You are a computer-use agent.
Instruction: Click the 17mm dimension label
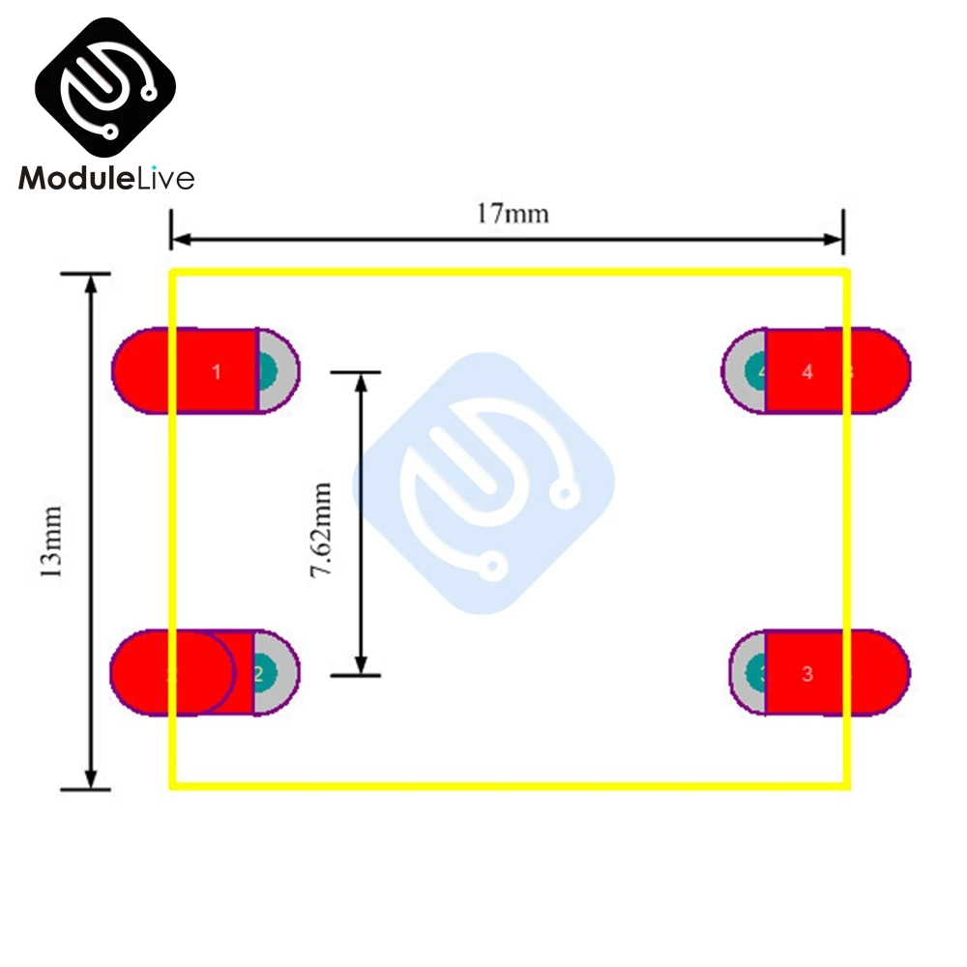(512, 212)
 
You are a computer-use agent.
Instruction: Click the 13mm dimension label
(50, 541)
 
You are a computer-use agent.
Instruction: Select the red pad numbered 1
(193, 371)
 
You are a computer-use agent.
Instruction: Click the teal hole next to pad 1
(268, 370)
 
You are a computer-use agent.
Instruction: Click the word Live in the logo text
(165, 178)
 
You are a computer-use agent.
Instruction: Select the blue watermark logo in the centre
(483, 483)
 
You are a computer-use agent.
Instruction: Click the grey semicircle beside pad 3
(747, 674)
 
